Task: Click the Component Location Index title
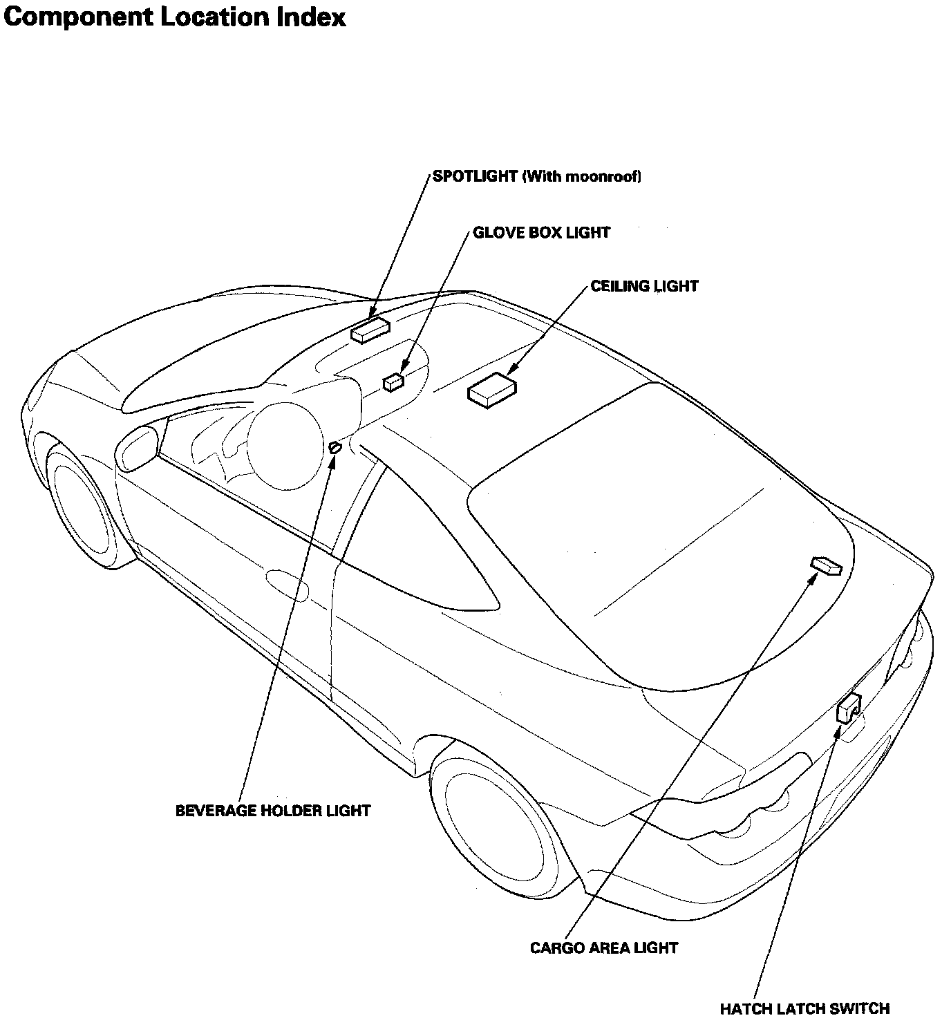click(x=174, y=17)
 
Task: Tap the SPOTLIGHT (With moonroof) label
click(x=537, y=176)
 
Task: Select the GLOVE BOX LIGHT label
click(x=541, y=233)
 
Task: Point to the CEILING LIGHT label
click(x=644, y=286)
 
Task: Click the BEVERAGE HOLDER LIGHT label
click(x=273, y=811)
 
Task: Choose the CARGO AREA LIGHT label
click(x=603, y=948)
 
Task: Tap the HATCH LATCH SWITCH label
click(x=804, y=1009)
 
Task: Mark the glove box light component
click(x=393, y=381)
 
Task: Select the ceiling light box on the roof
click(x=492, y=390)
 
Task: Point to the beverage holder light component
click(x=335, y=448)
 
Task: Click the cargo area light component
click(x=826, y=566)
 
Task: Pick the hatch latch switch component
click(x=848, y=707)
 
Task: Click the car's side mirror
click(x=137, y=448)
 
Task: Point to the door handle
click(x=288, y=582)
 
